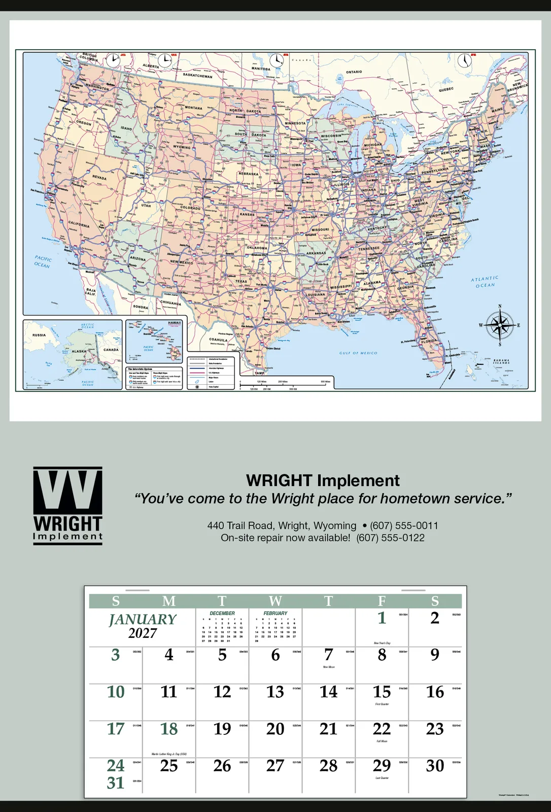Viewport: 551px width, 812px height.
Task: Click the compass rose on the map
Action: (500, 325)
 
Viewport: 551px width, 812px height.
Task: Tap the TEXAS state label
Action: (241, 281)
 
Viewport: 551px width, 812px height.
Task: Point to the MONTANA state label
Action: (193, 108)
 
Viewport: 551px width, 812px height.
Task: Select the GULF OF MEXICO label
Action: (358, 353)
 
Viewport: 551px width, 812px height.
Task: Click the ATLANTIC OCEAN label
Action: (485, 282)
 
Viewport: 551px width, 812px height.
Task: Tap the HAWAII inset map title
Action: (175, 323)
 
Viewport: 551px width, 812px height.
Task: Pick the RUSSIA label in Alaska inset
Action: (39, 335)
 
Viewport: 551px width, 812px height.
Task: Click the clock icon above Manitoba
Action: (277, 60)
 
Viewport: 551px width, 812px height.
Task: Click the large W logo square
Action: (67, 491)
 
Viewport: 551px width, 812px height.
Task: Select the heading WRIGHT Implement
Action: (323, 480)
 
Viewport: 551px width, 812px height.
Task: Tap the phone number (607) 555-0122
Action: (390, 538)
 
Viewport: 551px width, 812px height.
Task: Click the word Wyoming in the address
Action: (335, 526)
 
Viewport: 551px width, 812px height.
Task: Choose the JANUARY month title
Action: (143, 620)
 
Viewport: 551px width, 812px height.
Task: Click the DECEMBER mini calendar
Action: (222, 627)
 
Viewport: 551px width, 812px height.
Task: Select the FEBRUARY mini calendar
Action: (275, 627)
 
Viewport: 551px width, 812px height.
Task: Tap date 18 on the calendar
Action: (169, 729)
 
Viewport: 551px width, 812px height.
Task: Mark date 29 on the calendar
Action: (382, 766)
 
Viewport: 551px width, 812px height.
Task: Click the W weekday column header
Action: (275, 601)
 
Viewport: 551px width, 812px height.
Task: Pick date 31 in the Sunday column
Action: (116, 783)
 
